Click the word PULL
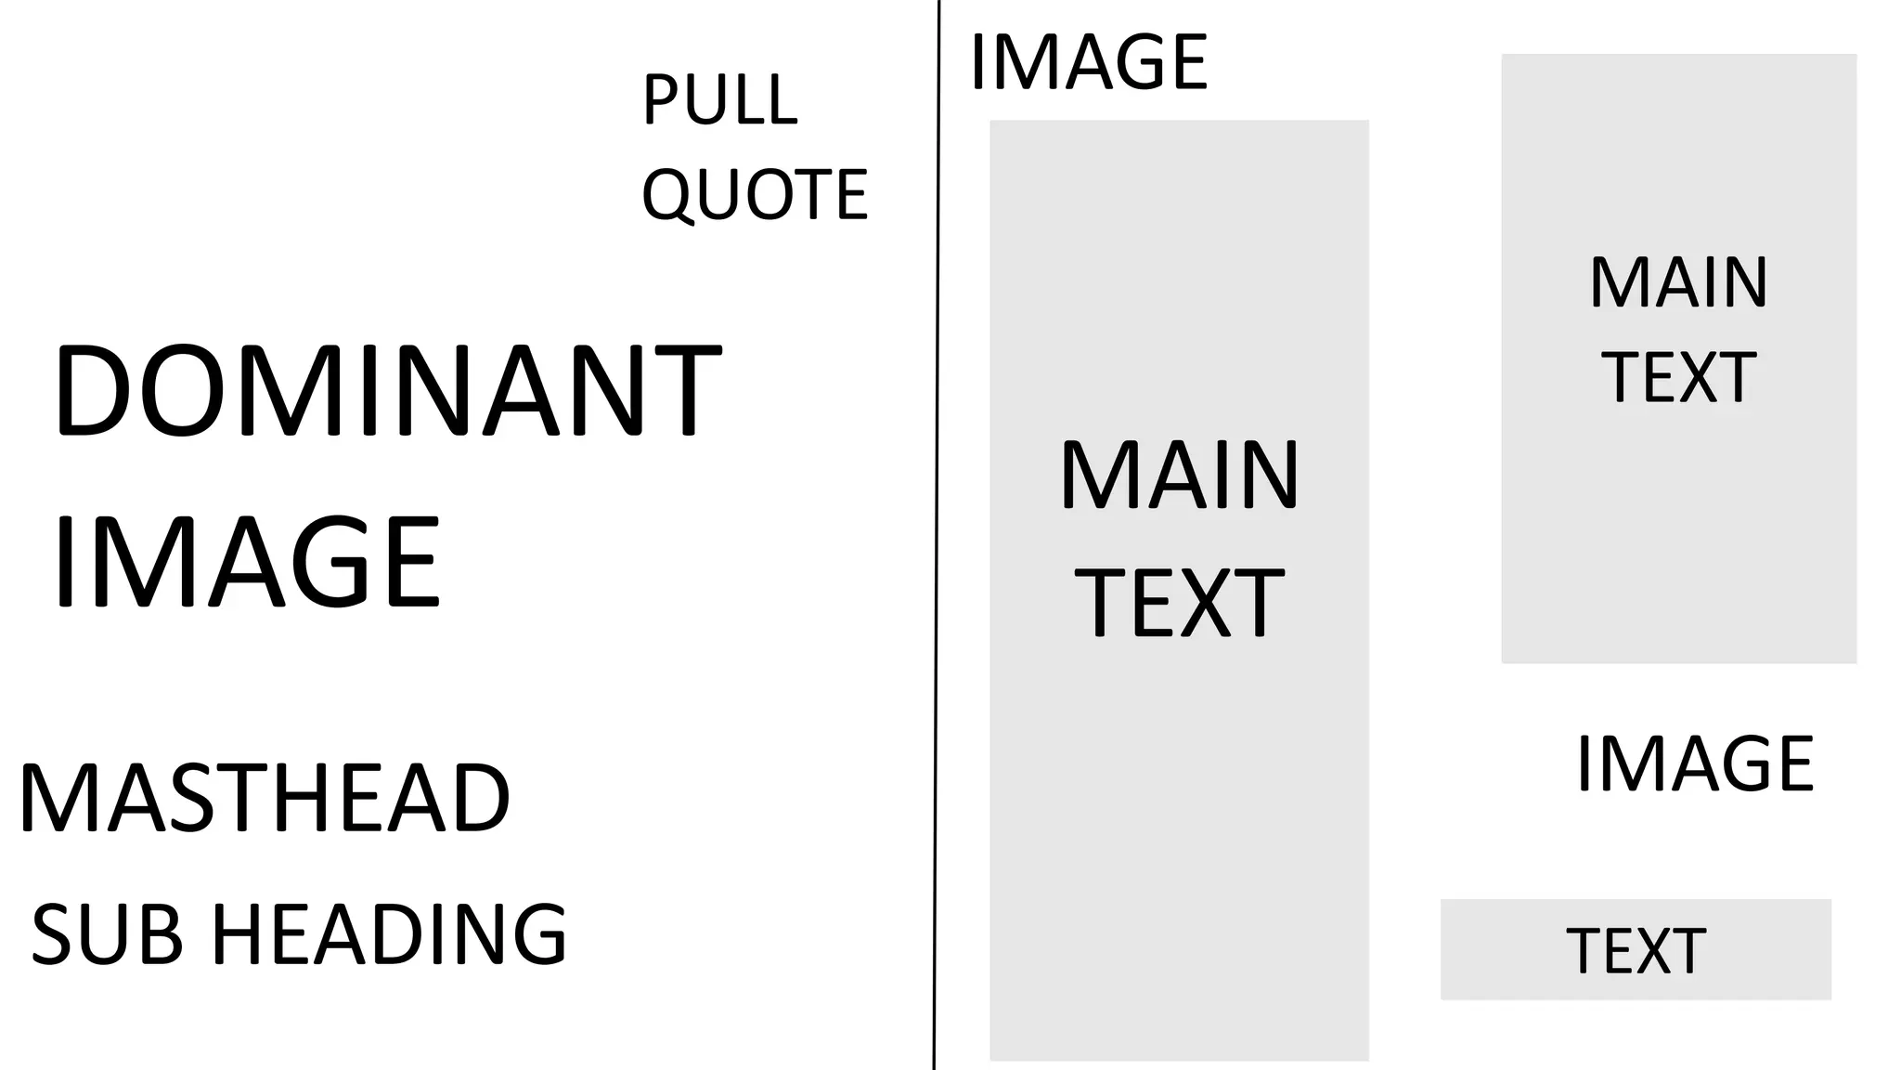pos(719,99)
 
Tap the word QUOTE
pos(755,194)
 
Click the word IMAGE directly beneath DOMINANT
pos(246,563)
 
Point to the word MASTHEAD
pos(265,798)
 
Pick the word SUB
pos(107,934)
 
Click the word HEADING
pos(389,934)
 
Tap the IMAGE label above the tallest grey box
pos(1089,62)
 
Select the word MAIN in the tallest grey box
pos(1180,476)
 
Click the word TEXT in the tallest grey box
pos(1180,604)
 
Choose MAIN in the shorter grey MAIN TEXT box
pos(1678,282)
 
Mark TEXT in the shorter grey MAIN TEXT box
pos(1678,377)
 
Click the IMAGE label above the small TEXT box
pos(1695,763)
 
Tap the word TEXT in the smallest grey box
pos(1636,951)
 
